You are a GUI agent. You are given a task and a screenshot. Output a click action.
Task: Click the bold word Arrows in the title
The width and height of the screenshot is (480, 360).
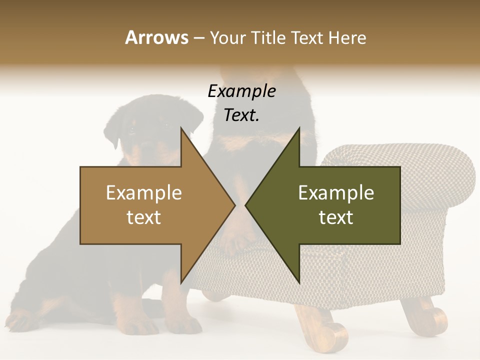coord(156,37)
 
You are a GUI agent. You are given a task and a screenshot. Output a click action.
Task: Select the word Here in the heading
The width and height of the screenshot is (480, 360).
coord(347,37)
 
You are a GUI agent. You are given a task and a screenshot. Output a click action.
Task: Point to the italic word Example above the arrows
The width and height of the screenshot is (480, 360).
coord(241,91)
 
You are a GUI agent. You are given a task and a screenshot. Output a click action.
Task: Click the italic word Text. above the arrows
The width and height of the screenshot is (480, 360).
coord(241,115)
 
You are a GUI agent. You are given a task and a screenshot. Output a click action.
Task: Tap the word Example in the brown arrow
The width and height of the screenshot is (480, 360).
coord(143,192)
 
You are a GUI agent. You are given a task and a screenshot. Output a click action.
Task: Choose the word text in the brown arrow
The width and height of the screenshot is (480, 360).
coord(143,217)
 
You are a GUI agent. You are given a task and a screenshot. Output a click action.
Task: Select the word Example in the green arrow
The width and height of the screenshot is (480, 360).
coord(336,192)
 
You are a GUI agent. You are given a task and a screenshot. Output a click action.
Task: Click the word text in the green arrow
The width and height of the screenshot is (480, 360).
coord(336,217)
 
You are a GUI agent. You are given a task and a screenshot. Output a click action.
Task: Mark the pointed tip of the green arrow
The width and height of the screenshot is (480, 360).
coord(246,205)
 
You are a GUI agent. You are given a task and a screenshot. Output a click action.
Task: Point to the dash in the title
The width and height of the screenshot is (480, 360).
coord(198,38)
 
